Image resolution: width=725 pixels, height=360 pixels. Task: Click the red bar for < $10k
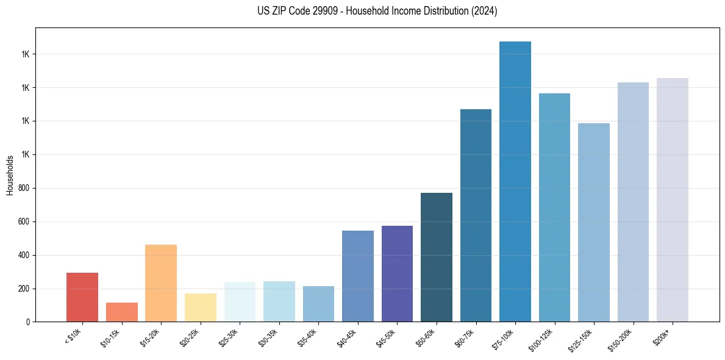click(82, 297)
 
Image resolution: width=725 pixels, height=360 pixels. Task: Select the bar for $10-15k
click(121, 312)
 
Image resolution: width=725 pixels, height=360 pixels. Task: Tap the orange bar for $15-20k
click(161, 283)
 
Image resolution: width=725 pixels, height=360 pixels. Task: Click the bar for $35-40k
click(318, 304)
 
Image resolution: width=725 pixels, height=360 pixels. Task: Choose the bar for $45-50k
click(397, 274)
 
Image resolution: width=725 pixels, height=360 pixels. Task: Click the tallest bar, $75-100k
click(515, 182)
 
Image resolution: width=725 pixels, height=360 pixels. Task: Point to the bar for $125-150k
click(594, 223)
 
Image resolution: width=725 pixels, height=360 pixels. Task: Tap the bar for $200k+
click(673, 200)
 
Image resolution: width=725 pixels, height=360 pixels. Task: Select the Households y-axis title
click(10, 175)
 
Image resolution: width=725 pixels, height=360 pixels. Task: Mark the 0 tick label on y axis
click(28, 322)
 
